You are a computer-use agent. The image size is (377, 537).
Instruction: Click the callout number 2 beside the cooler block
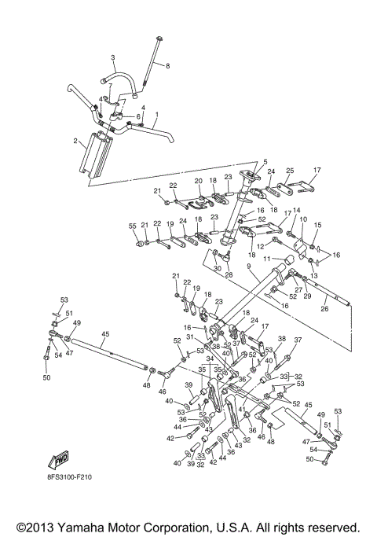(75, 142)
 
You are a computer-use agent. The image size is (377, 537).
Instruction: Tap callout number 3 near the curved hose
(112, 58)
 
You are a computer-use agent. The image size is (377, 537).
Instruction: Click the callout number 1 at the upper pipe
(156, 115)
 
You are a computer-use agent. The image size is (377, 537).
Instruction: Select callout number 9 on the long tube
(248, 267)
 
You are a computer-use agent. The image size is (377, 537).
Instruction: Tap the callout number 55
(133, 226)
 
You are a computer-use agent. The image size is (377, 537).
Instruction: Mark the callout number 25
(289, 170)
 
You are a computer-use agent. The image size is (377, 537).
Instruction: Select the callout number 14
(297, 211)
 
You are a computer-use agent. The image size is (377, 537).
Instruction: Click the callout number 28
(229, 274)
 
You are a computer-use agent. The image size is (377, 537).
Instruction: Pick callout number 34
(210, 359)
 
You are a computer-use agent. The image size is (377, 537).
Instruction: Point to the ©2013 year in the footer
(39, 526)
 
